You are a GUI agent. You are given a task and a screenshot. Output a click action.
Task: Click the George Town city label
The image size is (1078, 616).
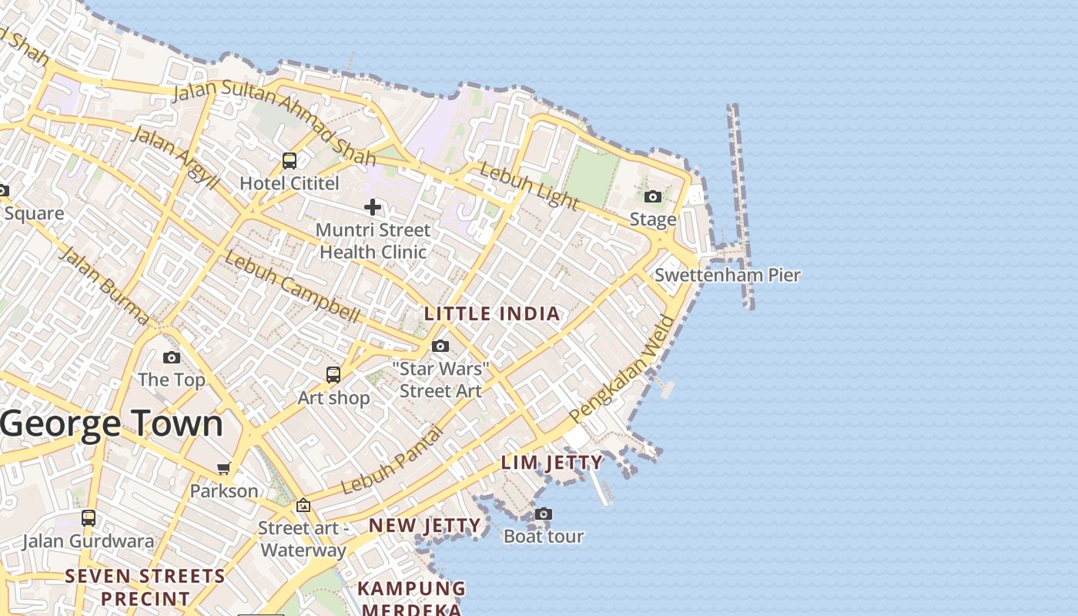112,424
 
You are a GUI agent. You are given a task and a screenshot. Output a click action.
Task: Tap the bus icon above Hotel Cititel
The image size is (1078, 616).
290,161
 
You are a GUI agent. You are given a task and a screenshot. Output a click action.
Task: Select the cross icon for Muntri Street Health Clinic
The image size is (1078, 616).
373,206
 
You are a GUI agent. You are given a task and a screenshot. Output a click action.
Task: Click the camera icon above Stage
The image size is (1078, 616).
653,197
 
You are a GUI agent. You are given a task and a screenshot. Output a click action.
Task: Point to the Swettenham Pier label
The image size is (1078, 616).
727,275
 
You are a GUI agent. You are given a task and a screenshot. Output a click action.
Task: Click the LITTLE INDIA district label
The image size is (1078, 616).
492,314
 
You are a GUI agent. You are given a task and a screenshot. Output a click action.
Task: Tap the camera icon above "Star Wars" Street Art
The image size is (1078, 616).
440,346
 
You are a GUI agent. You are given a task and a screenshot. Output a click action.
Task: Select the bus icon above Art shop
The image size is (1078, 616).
333,375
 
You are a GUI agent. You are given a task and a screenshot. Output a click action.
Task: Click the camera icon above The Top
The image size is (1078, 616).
172,357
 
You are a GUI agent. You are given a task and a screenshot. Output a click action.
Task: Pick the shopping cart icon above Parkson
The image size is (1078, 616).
224,468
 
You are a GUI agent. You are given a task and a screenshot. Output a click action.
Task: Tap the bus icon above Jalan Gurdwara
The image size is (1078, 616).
89,518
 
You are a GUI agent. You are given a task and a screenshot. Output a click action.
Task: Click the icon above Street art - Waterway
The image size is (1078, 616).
303,506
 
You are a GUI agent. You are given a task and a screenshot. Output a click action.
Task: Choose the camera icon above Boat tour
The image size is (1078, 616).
544,514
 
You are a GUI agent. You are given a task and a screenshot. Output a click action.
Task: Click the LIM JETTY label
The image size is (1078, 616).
552,463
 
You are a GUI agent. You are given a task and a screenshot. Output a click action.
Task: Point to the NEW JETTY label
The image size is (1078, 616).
425,526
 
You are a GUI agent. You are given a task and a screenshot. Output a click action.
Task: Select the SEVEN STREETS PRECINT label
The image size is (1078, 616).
146,587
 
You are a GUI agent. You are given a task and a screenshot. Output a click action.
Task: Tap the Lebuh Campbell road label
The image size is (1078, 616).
292,286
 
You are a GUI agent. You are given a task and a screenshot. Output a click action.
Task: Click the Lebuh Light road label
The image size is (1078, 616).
528,186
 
